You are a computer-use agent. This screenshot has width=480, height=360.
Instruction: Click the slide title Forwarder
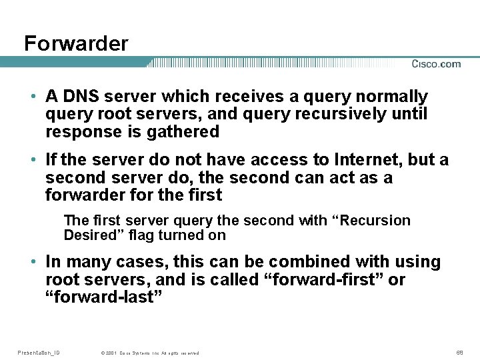pyautogui.click(x=76, y=44)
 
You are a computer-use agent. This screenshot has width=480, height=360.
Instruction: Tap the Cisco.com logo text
pyautogui.click(x=436, y=64)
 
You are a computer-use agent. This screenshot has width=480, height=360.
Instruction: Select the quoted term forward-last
pyautogui.click(x=104, y=297)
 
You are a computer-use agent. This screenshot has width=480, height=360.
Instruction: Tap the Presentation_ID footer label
pyautogui.click(x=39, y=352)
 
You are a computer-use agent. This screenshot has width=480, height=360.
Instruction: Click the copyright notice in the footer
pyautogui.click(x=149, y=353)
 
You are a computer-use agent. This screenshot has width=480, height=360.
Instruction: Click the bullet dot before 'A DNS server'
pyautogui.click(x=33, y=97)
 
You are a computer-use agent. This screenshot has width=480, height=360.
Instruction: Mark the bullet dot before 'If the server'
pyautogui.click(x=33, y=161)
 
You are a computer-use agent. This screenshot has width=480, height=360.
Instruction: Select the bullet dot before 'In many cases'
pyautogui.click(x=33, y=262)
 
